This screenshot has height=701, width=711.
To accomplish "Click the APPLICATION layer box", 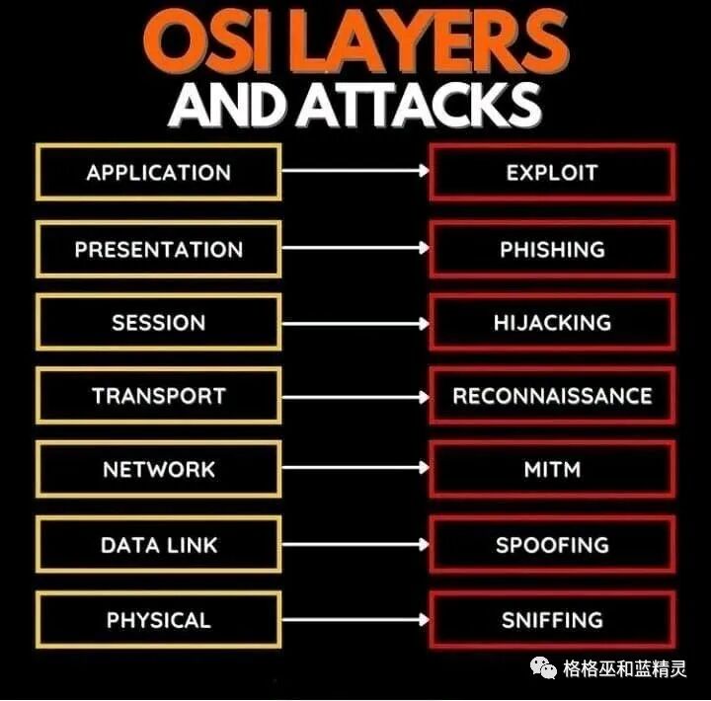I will tap(158, 173).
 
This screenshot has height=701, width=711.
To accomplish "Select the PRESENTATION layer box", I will tap(158, 249).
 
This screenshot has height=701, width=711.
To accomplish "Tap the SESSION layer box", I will tap(158, 323).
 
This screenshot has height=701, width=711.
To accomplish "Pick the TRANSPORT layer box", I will tap(158, 397).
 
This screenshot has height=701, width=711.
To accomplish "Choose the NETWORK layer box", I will tap(158, 470).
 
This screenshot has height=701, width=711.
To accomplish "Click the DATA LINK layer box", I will tap(158, 545).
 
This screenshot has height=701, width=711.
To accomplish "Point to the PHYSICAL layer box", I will tap(158, 620).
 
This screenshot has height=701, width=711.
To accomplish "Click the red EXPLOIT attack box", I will tap(552, 173).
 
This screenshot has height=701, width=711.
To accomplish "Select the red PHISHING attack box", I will tap(552, 249).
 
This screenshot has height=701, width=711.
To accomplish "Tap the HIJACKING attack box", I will tap(552, 323).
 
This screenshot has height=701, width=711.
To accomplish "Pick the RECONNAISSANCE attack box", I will tap(552, 397).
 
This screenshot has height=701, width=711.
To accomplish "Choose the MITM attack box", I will tap(552, 470).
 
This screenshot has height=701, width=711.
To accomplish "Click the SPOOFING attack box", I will tap(552, 545).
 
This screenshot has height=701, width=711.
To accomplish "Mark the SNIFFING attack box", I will tap(552, 620).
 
